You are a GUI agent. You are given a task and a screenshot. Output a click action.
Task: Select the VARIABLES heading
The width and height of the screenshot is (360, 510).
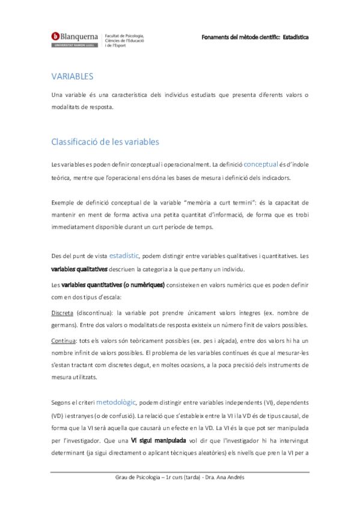(x=72, y=77)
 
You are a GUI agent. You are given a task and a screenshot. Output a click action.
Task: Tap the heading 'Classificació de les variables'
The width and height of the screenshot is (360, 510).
(x=105, y=142)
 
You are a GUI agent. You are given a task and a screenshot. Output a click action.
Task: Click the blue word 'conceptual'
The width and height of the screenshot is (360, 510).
(x=261, y=163)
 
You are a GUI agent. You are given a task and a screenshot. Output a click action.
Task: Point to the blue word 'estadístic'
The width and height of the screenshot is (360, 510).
(x=124, y=255)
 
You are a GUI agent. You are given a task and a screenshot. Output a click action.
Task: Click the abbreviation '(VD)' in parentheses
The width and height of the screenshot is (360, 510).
(x=58, y=416)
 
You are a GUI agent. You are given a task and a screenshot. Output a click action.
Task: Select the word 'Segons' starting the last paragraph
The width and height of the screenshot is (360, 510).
(x=63, y=402)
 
